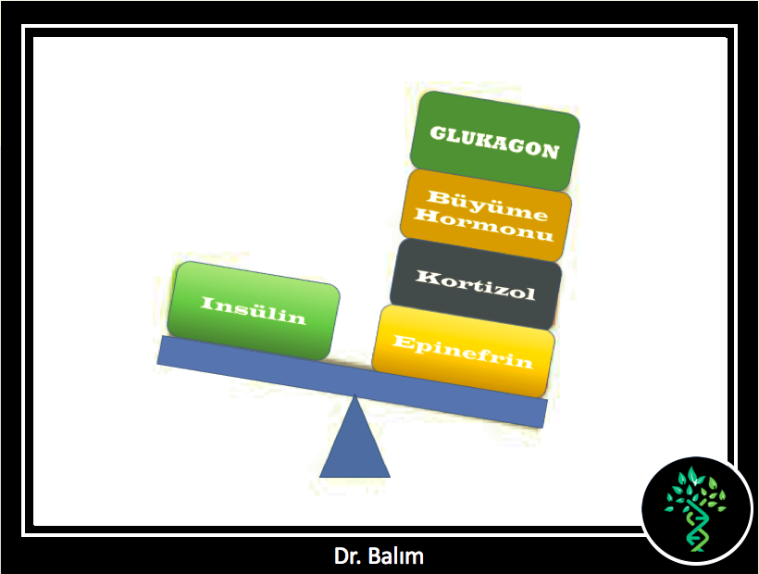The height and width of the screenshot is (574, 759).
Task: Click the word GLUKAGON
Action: pyautogui.click(x=494, y=142)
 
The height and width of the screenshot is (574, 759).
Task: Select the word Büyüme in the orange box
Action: pyautogui.click(x=488, y=206)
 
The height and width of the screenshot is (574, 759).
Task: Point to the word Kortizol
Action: pyautogui.click(x=476, y=285)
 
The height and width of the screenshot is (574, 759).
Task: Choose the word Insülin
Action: pyautogui.click(x=254, y=310)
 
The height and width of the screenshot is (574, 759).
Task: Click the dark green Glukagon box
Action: pyautogui.click(x=494, y=141)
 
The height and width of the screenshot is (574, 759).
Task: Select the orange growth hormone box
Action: pyautogui.click(x=486, y=216)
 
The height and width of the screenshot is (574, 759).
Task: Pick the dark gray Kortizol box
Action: pyautogui.click(x=476, y=284)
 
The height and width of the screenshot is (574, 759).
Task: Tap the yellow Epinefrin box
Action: pyautogui.click(x=463, y=351)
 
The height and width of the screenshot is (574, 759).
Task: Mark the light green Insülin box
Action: pyautogui.click(x=254, y=311)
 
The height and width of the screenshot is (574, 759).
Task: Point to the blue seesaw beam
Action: pyautogui.click(x=352, y=381)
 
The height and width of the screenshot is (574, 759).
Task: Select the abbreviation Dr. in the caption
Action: pyautogui.click(x=348, y=556)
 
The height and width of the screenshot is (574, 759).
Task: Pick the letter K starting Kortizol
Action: pyautogui.click(x=426, y=277)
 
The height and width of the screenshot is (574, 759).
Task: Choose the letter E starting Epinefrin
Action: pyautogui.click(x=404, y=342)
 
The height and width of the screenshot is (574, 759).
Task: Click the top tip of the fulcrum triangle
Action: pyautogui.click(x=355, y=394)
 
